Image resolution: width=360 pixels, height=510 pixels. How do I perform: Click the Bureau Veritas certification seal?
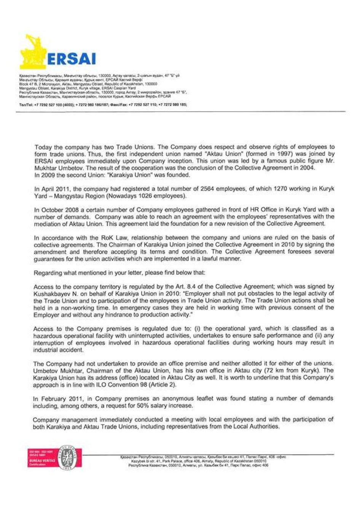(67, 458)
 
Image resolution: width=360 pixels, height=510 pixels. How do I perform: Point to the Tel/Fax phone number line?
(103, 104)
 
